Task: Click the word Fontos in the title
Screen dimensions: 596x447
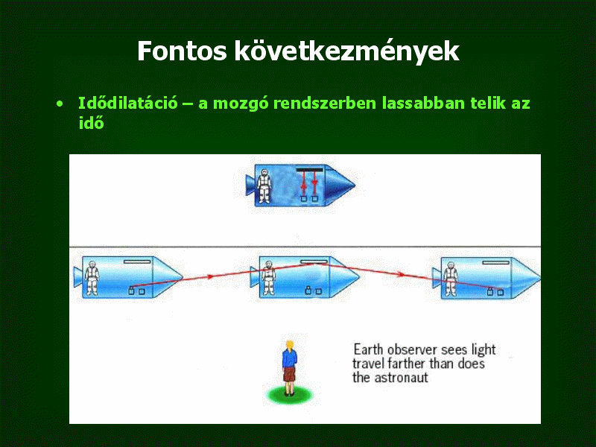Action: pyautogui.click(x=182, y=51)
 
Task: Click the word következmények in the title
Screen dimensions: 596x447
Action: pyautogui.click(x=346, y=51)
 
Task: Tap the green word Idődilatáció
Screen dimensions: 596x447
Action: pyautogui.click(x=127, y=103)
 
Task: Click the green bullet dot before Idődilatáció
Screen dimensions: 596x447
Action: pyautogui.click(x=60, y=104)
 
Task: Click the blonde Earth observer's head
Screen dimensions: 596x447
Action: pyautogui.click(x=290, y=346)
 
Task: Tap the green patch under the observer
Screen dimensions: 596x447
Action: pyautogui.click(x=290, y=396)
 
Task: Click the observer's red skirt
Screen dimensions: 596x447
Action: pyautogui.click(x=289, y=375)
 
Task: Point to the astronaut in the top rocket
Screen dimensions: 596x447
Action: pyautogui.click(x=264, y=186)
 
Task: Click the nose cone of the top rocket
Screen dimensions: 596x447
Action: pyautogui.click(x=340, y=186)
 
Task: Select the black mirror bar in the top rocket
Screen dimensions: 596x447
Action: pyautogui.click(x=309, y=170)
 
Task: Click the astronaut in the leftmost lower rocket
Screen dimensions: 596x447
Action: pyautogui.click(x=92, y=278)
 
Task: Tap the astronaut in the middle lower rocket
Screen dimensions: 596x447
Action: pyautogui.click(x=268, y=278)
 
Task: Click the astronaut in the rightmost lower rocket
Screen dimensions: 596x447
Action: pyautogui.click(x=450, y=279)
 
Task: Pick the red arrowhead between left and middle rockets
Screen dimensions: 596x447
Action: pyautogui.click(x=209, y=276)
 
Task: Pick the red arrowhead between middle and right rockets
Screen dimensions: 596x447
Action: pyautogui.click(x=399, y=273)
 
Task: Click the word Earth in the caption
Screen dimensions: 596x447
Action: pyautogui.click(x=369, y=349)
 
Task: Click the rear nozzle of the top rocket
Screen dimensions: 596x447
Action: pyautogui.click(x=250, y=185)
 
